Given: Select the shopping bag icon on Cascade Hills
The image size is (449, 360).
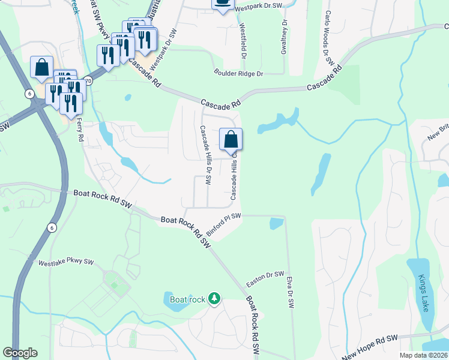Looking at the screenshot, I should [x=231, y=140].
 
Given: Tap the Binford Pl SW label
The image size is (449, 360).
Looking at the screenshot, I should [x=223, y=224].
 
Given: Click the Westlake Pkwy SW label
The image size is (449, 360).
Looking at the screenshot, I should [x=67, y=262].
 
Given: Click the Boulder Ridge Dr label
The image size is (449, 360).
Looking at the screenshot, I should [x=239, y=73].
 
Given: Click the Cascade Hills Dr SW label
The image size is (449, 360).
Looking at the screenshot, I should [x=205, y=156].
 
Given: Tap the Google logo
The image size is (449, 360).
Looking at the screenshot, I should [x=20, y=353].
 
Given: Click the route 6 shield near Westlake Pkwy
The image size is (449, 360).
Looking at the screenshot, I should [x=52, y=227].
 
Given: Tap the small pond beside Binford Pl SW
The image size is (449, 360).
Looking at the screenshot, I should [x=276, y=224].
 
